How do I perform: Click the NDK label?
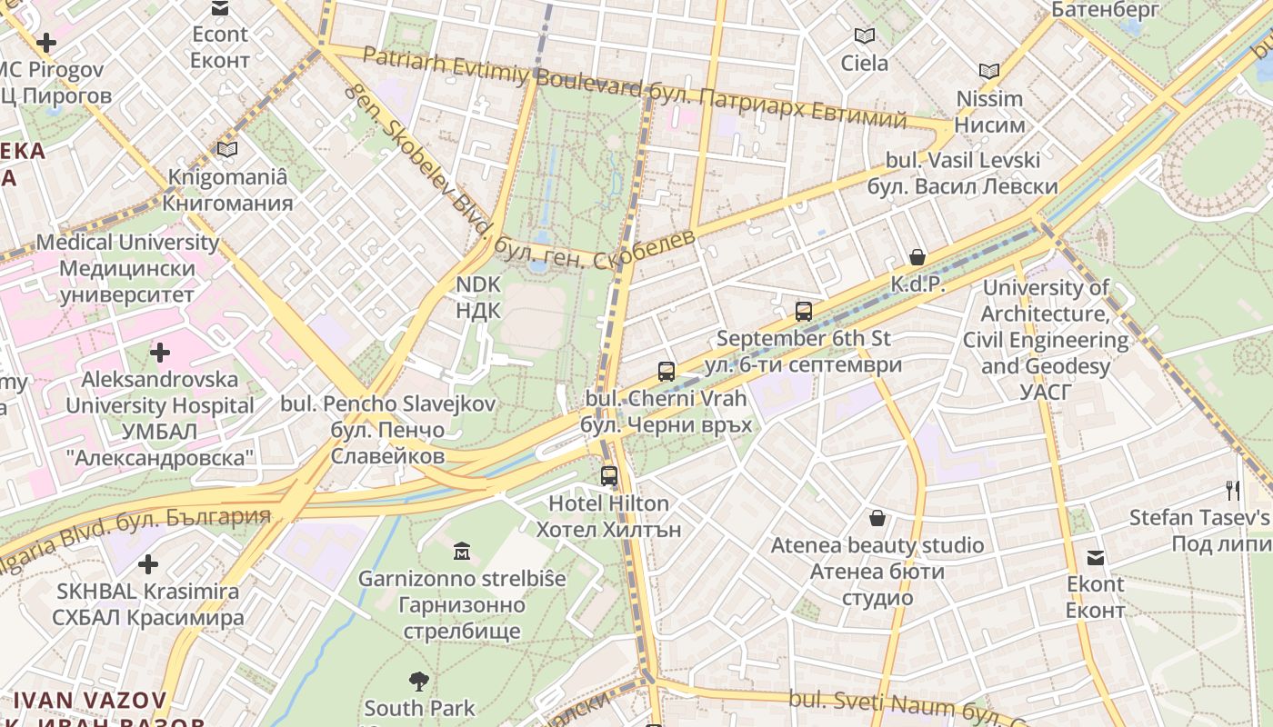(477, 297)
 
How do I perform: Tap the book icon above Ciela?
(864, 36)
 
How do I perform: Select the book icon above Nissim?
(989, 71)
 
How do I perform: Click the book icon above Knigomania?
(226, 149)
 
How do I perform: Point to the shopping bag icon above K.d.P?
(917, 257)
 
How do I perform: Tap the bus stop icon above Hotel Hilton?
(608, 475)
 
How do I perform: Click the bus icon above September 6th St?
(803, 312)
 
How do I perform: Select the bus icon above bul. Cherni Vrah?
(666, 371)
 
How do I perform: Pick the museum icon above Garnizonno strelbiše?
(461, 551)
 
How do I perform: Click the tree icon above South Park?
(418, 680)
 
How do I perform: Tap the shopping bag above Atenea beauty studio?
(877, 518)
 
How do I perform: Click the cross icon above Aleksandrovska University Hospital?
(160, 352)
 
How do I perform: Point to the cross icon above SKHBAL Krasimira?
(147, 563)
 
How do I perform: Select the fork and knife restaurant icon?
(1232, 491)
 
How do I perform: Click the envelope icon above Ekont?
(1096, 557)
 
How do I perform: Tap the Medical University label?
(127, 269)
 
